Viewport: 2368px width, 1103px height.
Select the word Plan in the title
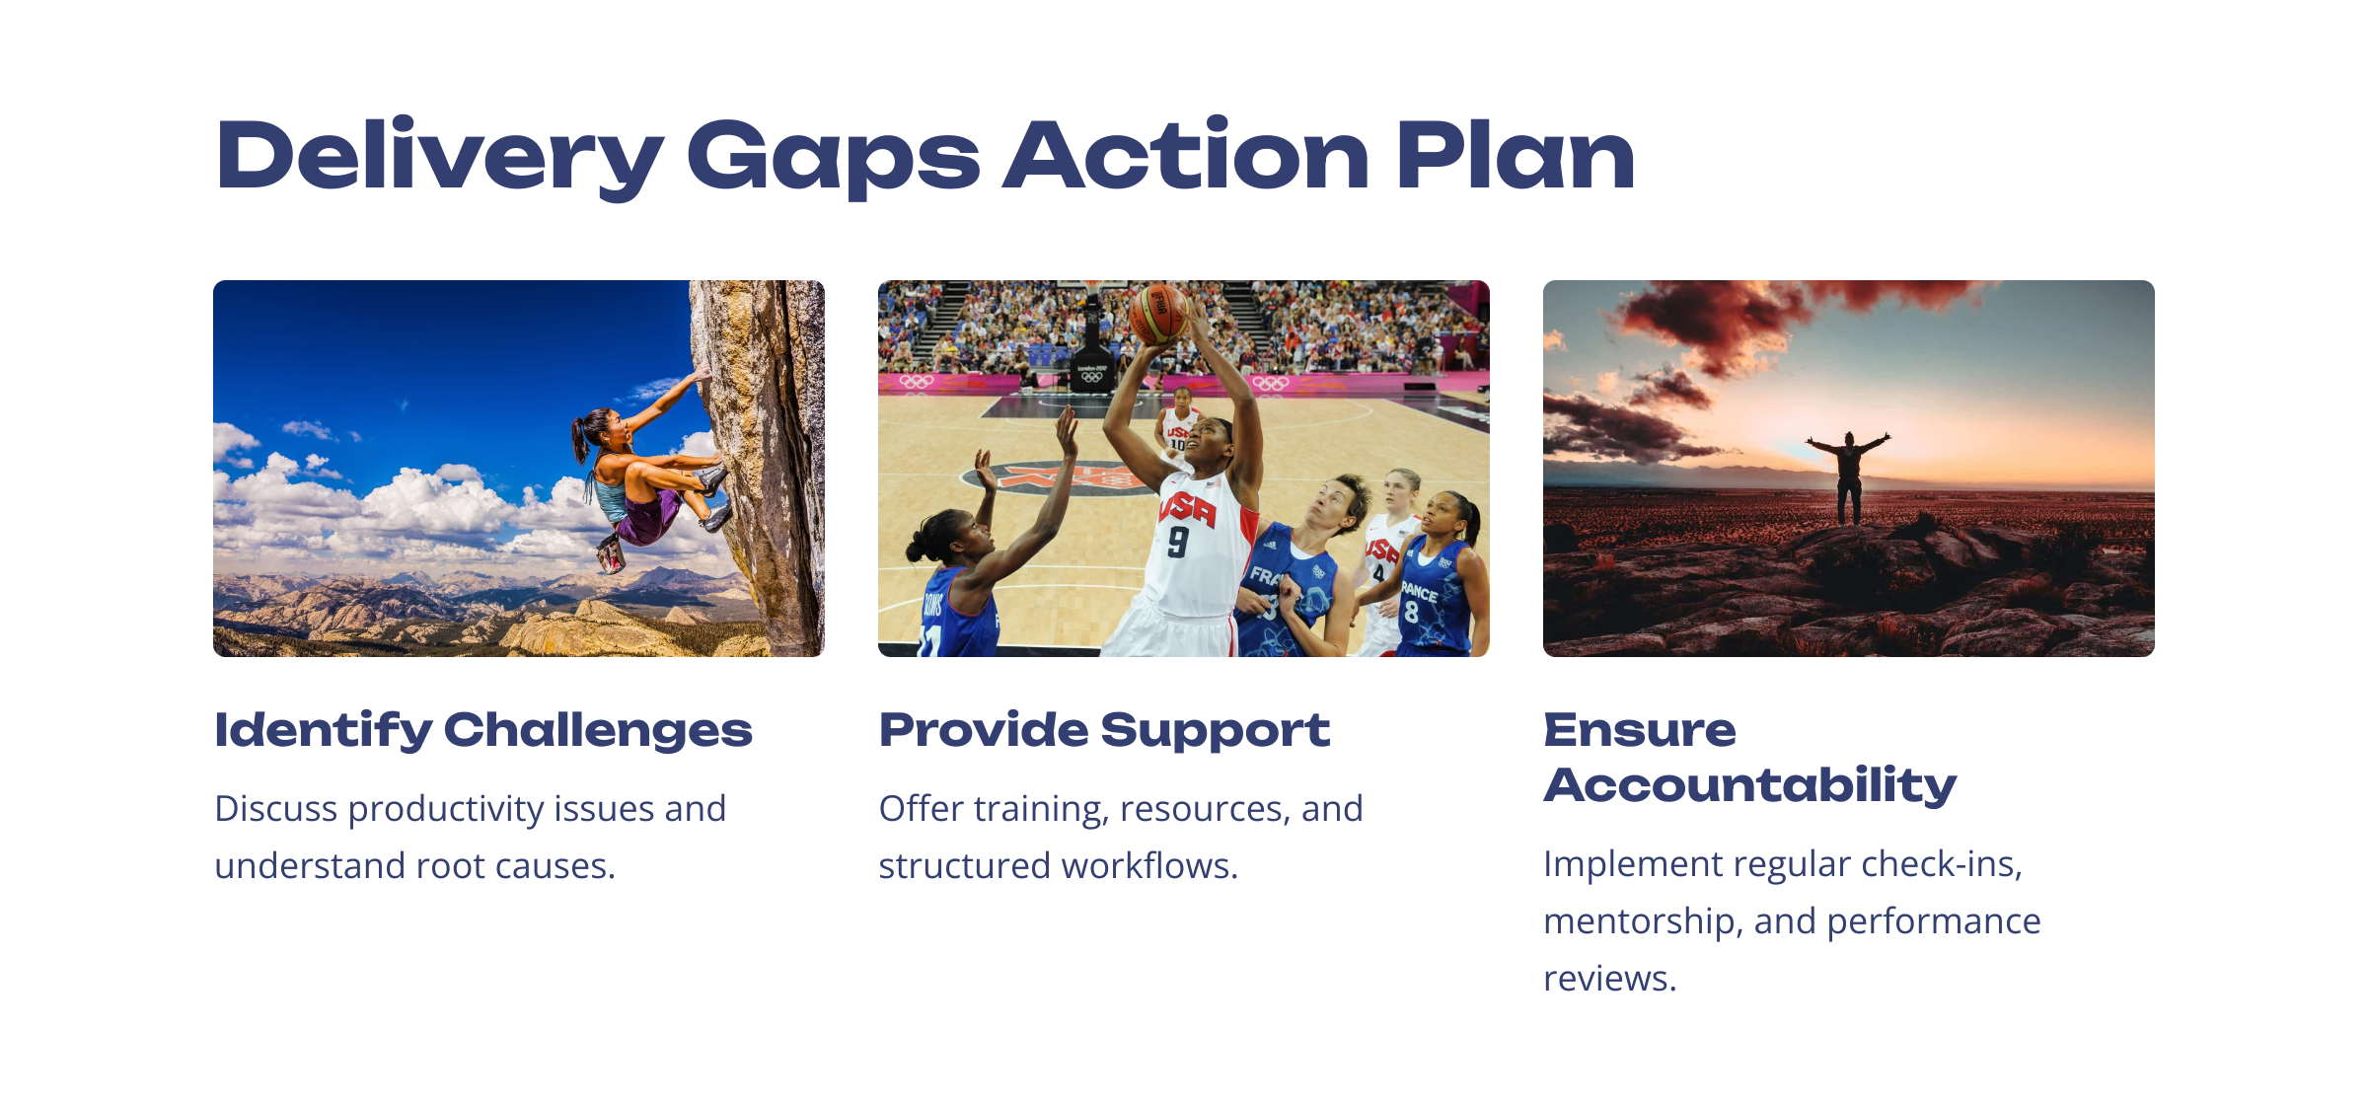[1516, 155]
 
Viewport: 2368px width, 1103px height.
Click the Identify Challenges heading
[483, 731]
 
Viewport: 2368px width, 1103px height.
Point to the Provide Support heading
[1104, 731]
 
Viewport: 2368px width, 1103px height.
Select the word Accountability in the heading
[1750, 786]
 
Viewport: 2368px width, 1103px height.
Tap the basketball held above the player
[1158, 314]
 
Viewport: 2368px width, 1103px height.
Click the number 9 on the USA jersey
[1178, 541]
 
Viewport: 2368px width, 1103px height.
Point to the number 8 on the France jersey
[1411, 613]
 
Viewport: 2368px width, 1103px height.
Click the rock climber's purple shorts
[653, 515]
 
